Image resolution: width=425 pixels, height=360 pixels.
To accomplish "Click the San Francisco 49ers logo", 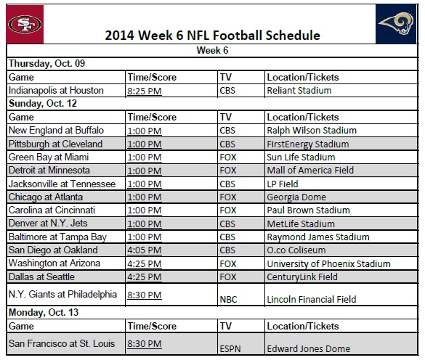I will [25, 25].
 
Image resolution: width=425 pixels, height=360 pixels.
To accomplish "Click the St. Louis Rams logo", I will [397, 25].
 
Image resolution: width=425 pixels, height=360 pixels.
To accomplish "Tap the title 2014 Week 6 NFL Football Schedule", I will [212, 35].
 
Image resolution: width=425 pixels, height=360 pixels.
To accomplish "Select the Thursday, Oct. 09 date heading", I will [46, 64].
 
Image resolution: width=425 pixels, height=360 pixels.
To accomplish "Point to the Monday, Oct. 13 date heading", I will [45, 312].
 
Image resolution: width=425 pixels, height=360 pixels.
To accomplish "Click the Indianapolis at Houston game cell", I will [57, 91].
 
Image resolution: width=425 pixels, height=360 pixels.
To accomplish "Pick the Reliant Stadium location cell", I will [299, 91].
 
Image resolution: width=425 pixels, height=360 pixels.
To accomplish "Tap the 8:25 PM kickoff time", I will [145, 91].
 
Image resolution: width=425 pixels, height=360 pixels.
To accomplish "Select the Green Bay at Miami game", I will [50, 157].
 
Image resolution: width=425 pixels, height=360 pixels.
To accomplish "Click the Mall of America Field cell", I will [310, 171].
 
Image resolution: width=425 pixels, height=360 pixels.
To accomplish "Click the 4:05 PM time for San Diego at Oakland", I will [145, 250].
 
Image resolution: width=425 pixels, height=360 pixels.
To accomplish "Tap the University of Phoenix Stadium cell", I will [328, 264].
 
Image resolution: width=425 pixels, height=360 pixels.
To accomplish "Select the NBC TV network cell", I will [230, 298].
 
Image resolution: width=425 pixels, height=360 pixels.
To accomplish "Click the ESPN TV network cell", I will [231, 349].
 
